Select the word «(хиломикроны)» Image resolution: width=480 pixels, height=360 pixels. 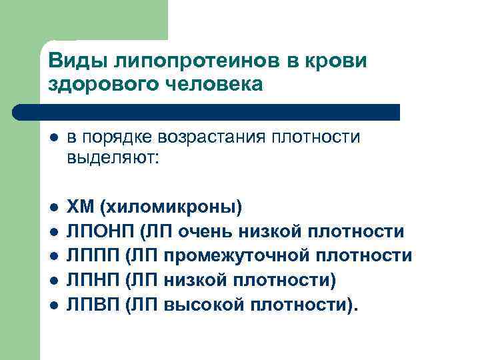pos(171,207)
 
